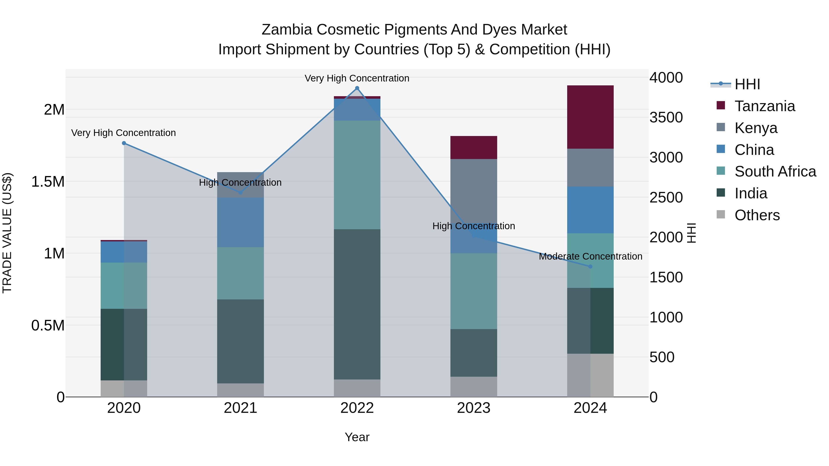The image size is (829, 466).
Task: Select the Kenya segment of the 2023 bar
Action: pos(473,190)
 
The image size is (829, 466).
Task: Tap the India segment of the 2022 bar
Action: pos(357,304)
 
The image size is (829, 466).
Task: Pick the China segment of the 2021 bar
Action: pos(240,222)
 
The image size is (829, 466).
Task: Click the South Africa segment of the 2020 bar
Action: pos(124,285)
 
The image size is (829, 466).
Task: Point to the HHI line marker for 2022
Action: pos(357,88)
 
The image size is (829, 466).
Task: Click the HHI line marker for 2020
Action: pos(124,143)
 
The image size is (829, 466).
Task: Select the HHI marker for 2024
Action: pos(590,267)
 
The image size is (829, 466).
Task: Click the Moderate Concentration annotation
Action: pos(590,256)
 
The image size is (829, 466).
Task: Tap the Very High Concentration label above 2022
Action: pos(357,78)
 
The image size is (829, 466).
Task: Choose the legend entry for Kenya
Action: pos(756,128)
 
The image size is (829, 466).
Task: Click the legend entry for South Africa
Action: pos(775,171)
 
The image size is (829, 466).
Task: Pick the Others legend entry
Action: pos(757,215)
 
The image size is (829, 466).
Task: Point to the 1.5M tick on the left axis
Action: pos(48,182)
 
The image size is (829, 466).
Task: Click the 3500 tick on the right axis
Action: pos(666,117)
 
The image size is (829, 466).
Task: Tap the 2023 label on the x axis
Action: pos(473,408)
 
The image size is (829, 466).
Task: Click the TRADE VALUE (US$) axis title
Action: pos(7,233)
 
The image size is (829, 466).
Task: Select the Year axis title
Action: pos(357,437)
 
